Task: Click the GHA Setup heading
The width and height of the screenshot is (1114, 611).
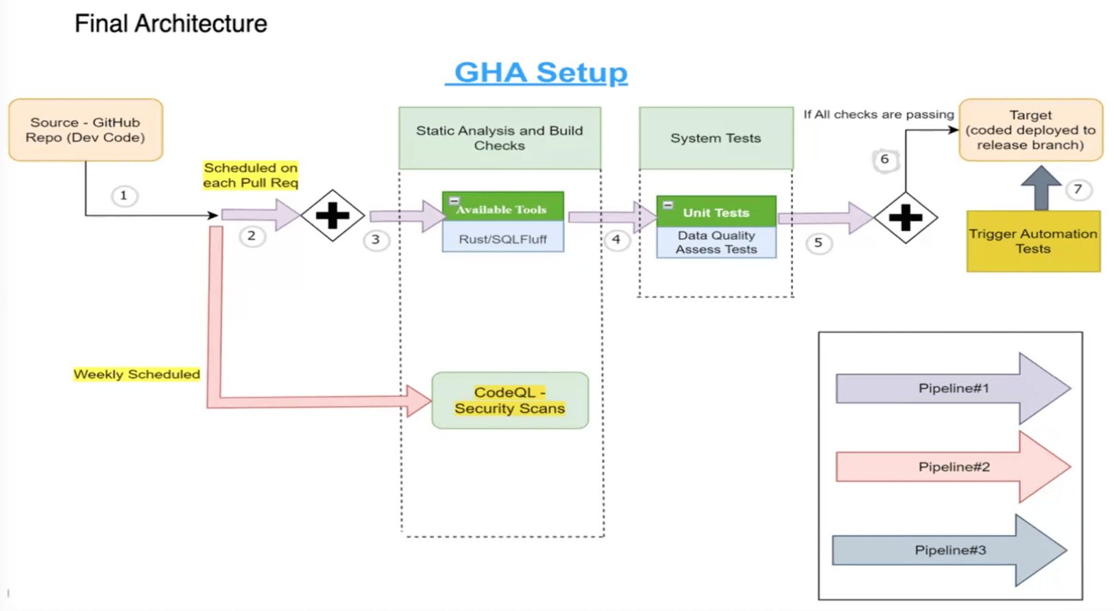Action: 540,73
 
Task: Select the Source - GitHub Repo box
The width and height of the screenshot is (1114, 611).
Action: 86,130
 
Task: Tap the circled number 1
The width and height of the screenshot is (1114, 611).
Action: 124,196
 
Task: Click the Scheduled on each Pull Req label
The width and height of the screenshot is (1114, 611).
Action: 250,176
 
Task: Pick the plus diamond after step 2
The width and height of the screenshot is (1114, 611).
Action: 332,216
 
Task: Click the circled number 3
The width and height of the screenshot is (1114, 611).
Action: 376,240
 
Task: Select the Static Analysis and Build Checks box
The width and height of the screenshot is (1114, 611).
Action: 500,138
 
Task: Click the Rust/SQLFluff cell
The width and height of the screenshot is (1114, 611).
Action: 502,239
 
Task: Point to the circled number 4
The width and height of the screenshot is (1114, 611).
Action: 616,240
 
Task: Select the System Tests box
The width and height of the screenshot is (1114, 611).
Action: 716,138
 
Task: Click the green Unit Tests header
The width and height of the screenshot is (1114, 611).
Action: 716,212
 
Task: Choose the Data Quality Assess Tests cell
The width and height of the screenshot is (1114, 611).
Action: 716,242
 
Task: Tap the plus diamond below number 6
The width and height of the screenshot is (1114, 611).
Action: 905,218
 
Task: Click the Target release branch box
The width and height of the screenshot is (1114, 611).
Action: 1030,130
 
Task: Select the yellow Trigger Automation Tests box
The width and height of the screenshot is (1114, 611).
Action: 1032,241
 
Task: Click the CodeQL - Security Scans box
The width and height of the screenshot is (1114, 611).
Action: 509,400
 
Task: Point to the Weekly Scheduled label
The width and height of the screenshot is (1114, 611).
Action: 136,374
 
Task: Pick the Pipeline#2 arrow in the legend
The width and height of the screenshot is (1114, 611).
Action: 953,467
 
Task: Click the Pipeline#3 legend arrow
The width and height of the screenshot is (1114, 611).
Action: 949,550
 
